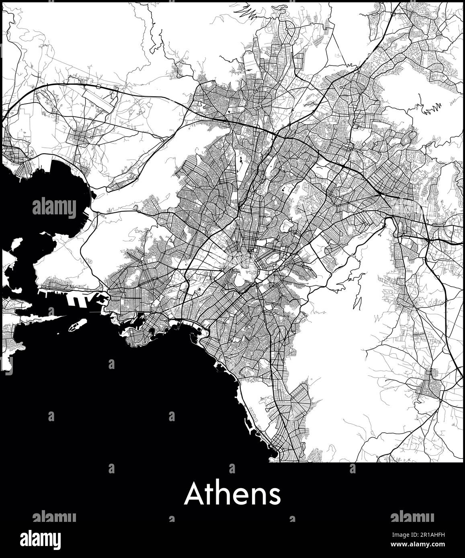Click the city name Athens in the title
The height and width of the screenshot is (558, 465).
click(x=232, y=494)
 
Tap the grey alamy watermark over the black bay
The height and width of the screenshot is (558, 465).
click(x=54, y=208)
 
